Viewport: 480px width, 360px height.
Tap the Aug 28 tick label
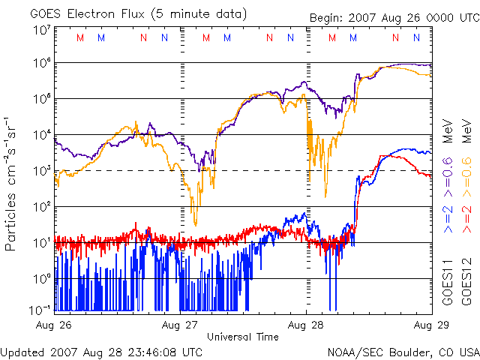pyautogui.click(x=306, y=325)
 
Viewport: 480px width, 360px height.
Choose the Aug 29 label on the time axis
pyautogui.click(x=430, y=325)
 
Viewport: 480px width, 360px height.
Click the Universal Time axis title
pyautogui.click(x=243, y=337)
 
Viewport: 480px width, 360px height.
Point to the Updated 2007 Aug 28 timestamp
pyautogui.click(x=101, y=351)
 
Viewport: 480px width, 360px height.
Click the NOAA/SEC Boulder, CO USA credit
pyautogui.click(x=403, y=351)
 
